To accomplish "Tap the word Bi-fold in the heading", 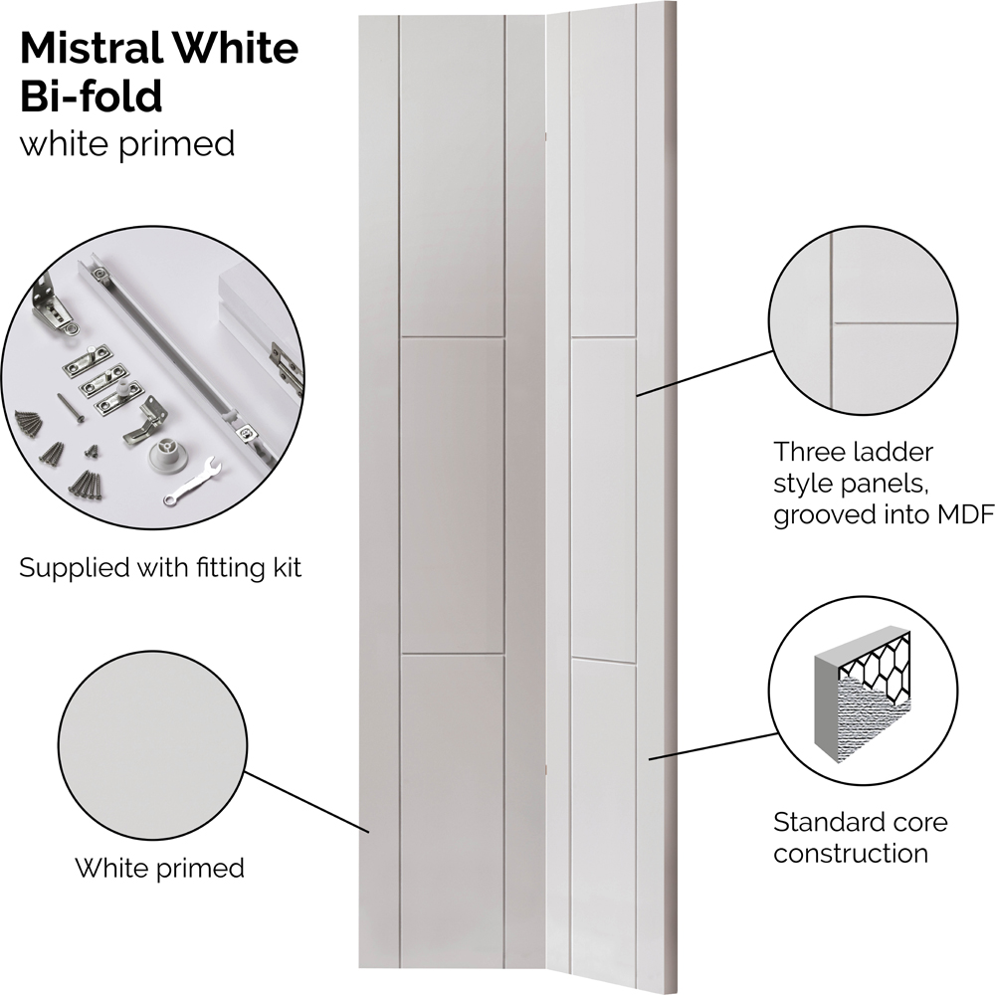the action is click(x=92, y=97).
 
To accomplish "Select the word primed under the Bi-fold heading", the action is click(x=176, y=145).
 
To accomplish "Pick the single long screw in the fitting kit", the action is click(x=70, y=407).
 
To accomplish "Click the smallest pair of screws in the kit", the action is click(x=92, y=450).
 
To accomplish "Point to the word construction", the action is click(x=851, y=853).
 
